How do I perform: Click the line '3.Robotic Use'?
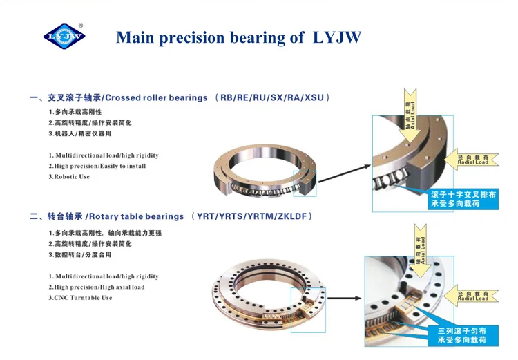(x=69, y=177)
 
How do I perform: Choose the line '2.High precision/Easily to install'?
(x=97, y=167)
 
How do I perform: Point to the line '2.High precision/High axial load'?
(x=97, y=287)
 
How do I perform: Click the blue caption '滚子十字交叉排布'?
(x=463, y=195)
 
